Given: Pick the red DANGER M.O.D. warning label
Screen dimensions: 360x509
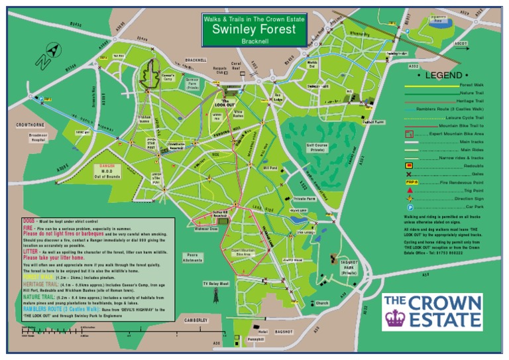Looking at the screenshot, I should [109, 169].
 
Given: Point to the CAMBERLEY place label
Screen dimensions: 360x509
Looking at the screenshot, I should [196, 320].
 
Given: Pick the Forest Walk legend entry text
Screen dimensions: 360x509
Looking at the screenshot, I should [472, 86].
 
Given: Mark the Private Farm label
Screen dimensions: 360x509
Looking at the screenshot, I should [304, 198].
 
